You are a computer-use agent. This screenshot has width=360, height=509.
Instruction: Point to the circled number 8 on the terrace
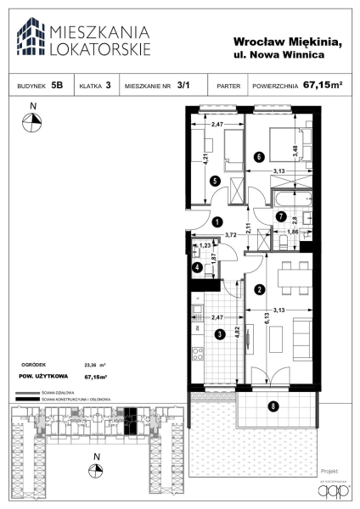click(272, 406)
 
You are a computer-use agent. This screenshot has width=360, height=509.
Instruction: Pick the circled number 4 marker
click(197, 268)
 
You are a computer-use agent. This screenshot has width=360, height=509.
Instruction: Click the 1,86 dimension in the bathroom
click(293, 231)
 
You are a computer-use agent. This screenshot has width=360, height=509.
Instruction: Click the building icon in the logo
click(31, 36)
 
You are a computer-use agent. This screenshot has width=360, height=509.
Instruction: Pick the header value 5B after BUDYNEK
click(57, 85)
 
